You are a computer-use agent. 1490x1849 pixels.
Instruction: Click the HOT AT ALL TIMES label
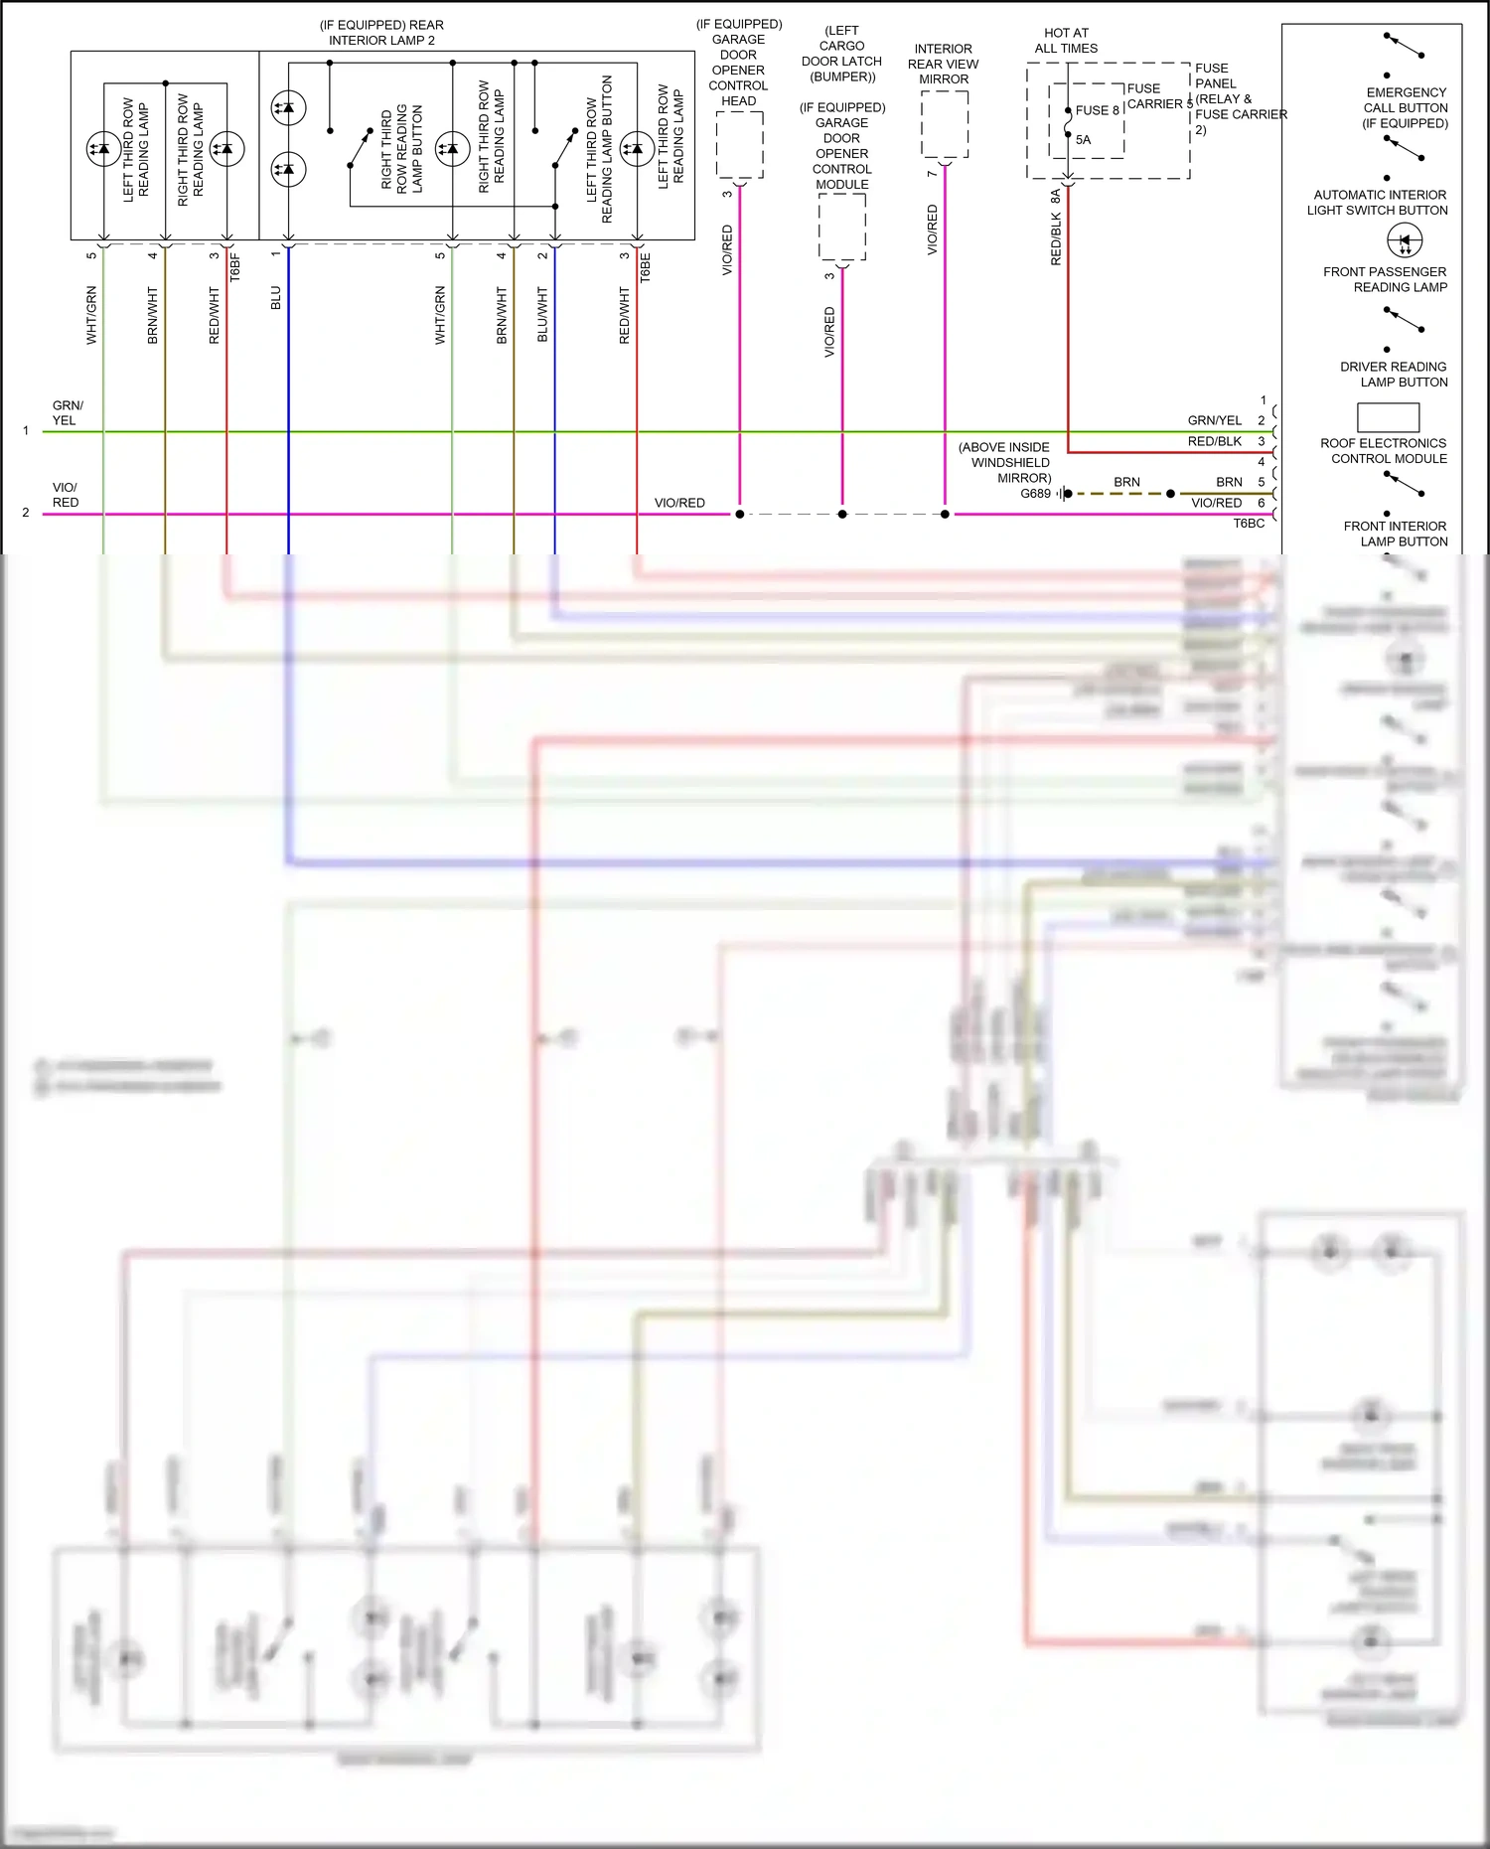(1066, 41)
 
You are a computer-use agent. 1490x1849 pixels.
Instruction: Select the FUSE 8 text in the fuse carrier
(1097, 110)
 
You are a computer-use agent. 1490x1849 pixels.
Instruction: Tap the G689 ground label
(1035, 494)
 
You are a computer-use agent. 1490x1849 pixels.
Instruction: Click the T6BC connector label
(1249, 524)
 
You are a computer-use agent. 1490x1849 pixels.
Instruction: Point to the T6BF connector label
(235, 267)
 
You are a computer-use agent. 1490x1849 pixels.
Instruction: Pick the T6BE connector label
(645, 267)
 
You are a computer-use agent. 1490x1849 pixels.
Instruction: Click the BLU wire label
(276, 298)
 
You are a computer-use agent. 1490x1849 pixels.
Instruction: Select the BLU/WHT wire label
(542, 315)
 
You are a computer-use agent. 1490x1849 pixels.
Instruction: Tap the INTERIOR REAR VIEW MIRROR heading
(943, 64)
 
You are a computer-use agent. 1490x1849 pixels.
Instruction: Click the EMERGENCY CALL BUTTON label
(1406, 107)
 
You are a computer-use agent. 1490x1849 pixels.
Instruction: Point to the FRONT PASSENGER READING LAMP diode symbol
(1405, 240)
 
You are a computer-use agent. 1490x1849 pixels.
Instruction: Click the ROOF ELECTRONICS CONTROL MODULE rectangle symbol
(1388, 416)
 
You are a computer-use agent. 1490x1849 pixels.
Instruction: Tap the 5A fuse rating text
(1083, 140)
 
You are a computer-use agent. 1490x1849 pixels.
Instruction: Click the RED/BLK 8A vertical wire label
(1056, 229)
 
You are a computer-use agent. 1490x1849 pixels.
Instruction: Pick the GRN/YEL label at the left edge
(67, 413)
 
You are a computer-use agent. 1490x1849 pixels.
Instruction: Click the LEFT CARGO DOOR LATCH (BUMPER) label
(841, 54)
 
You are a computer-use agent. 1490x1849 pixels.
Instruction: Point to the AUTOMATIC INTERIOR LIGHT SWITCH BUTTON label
(1378, 203)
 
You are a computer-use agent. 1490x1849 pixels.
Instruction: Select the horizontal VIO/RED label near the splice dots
(679, 503)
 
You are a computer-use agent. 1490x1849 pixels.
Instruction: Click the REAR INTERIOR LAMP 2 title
(381, 33)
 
